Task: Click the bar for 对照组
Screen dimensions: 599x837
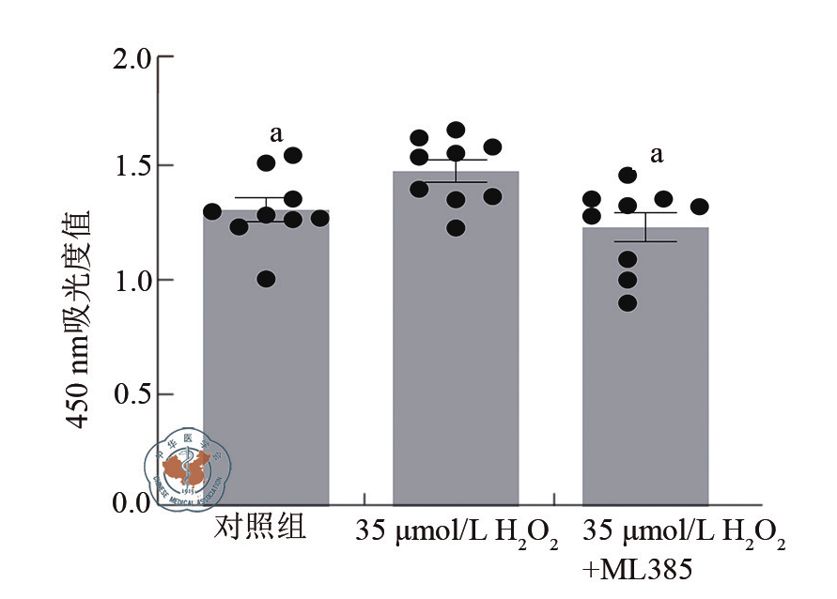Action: click(267, 376)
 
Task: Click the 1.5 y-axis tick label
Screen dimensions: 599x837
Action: click(131, 167)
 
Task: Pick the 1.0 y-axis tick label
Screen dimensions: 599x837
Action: click(131, 280)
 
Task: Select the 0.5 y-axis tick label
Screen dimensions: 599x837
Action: click(131, 392)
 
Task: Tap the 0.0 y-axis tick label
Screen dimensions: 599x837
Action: click(131, 504)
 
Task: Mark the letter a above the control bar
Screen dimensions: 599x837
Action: click(276, 133)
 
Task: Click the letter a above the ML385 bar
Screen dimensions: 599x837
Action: click(657, 154)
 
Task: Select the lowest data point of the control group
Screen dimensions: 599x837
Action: click(267, 279)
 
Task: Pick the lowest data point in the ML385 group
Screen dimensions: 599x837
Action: click(628, 302)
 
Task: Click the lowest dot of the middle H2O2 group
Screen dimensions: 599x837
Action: click(456, 227)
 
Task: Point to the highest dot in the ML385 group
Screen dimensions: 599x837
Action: click(628, 175)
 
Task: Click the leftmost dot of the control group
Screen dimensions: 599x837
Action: click(213, 211)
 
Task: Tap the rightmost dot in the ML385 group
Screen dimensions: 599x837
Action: click(699, 207)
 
